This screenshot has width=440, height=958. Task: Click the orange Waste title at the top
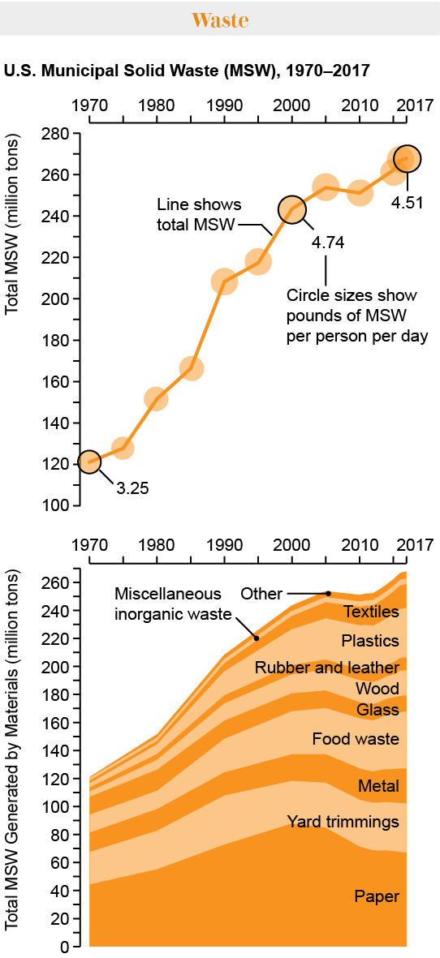(219, 20)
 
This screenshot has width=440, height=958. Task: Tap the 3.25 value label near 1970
(132, 488)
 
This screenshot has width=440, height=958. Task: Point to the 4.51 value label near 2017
(407, 203)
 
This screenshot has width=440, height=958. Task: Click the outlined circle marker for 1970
(90, 462)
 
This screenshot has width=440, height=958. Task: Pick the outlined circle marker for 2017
(407, 159)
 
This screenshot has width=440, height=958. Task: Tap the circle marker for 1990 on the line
(224, 282)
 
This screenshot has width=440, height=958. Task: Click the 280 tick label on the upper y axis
(55, 134)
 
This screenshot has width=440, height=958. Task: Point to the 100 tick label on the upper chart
(55, 505)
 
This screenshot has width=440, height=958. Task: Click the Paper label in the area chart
(377, 896)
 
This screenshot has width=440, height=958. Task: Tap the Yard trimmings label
(343, 822)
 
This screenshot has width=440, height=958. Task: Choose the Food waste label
(356, 739)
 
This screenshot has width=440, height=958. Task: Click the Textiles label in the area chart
(371, 612)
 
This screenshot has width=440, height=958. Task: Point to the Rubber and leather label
(326, 668)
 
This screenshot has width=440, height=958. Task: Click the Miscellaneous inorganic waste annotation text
(171, 602)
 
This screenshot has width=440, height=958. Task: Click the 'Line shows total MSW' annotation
(198, 214)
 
